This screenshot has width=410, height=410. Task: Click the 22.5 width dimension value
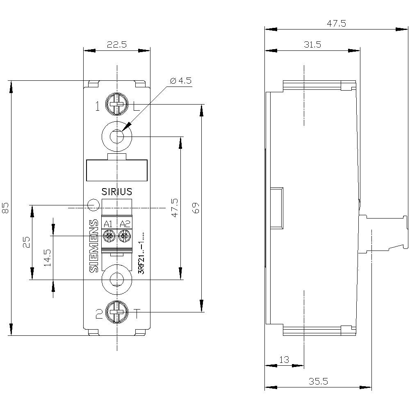coord(116,45)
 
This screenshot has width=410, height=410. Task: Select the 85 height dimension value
coord(6,208)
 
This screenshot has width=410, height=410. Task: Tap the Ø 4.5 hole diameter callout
coord(180,80)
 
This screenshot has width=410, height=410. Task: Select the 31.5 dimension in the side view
coord(312,45)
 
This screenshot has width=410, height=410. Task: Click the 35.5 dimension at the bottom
coord(318,381)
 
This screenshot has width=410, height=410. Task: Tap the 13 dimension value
coord(284,360)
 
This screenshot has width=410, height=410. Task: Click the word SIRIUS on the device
coord(117,191)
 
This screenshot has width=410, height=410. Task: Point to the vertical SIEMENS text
coord(94,246)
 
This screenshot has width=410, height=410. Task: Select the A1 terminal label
coord(108,224)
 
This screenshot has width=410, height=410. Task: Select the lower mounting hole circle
coord(117,280)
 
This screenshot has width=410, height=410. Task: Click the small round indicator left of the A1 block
coord(93,203)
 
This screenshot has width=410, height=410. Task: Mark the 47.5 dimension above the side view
coord(336,23)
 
